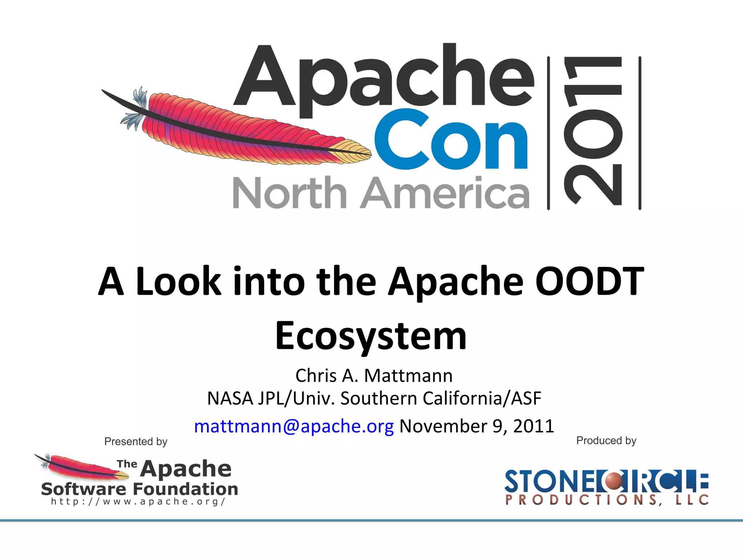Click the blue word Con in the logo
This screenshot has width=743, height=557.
[451, 140]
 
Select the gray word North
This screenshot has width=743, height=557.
[289, 193]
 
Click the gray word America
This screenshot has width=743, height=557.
[445, 193]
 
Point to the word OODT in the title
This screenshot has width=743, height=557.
[589, 282]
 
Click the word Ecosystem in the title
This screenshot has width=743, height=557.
[371, 336]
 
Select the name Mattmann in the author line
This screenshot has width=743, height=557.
[408, 376]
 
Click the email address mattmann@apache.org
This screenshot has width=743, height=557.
[294, 426]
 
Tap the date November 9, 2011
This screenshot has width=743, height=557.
[477, 426]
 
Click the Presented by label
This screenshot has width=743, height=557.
[136, 441]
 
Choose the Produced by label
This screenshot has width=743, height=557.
[606, 441]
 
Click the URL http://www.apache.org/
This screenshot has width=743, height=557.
[138, 502]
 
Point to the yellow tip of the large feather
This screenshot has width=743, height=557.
[350, 149]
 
